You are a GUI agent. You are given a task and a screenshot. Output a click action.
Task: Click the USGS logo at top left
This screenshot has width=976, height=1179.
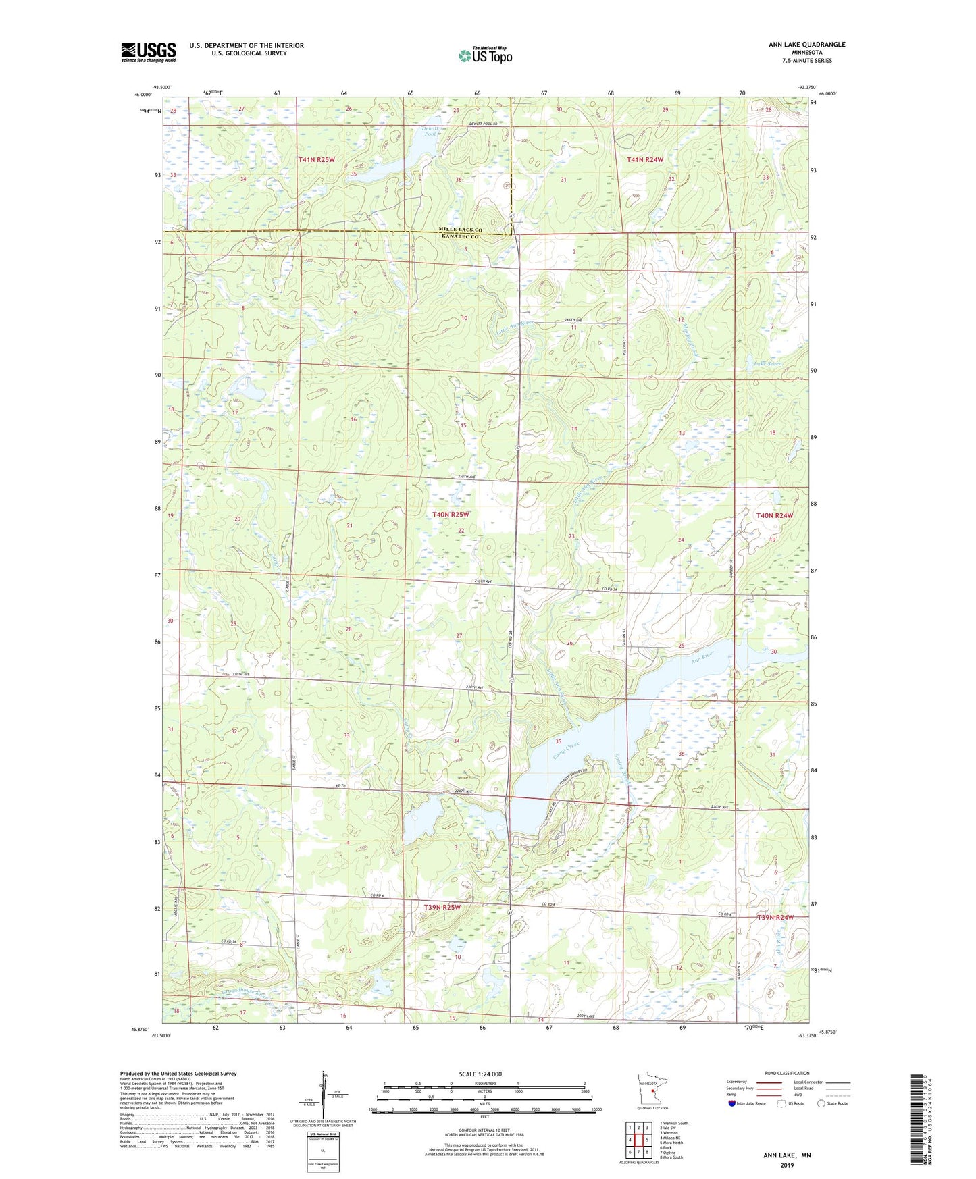[149, 52]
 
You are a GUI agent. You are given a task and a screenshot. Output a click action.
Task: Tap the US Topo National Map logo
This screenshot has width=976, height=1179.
[485, 55]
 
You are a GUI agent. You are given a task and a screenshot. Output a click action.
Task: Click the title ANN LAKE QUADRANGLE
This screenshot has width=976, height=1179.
[806, 45]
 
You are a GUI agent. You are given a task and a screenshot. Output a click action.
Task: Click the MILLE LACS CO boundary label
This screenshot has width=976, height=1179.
[462, 230]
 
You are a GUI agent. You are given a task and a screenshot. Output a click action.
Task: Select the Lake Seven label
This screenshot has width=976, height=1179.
[767, 364]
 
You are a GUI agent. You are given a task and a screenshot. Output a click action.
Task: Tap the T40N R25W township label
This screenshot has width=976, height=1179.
[450, 515]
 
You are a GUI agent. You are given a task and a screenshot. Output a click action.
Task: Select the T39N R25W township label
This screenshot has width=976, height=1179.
[442, 907]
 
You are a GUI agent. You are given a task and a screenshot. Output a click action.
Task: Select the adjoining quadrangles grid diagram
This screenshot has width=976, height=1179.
[638, 1139]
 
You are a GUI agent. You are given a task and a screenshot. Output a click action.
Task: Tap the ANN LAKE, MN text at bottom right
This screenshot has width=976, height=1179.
[787, 1155]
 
